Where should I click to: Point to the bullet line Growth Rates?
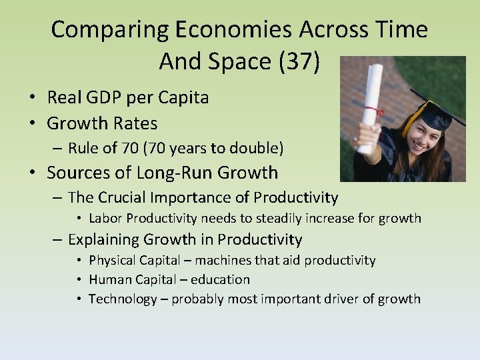pyautogui.click(x=102, y=123)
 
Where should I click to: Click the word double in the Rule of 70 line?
pyautogui.click(x=253, y=147)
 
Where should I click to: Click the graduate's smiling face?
pyautogui.click(x=425, y=137)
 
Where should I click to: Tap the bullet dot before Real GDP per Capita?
pyautogui.click(x=31, y=98)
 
